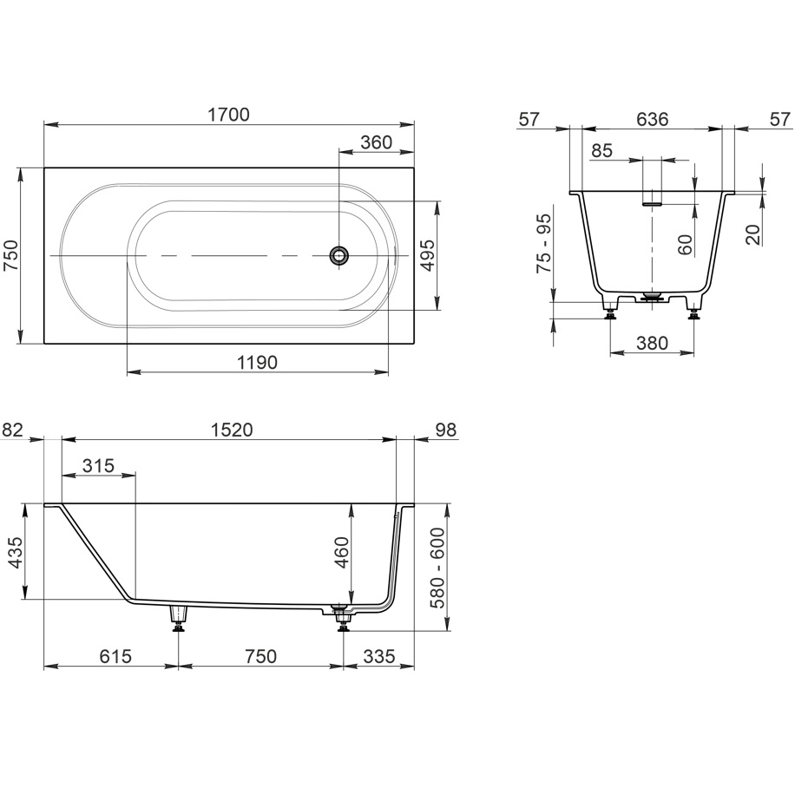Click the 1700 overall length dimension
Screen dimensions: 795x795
pyautogui.click(x=228, y=115)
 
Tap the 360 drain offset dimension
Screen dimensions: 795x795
pyautogui.click(x=376, y=142)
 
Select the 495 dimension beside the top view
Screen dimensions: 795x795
pyautogui.click(x=429, y=255)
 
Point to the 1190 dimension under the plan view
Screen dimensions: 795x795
pyautogui.click(x=258, y=363)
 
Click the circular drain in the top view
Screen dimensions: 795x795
pyautogui.click(x=338, y=255)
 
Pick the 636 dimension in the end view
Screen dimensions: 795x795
pyautogui.click(x=653, y=119)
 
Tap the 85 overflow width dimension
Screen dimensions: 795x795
pyautogui.click(x=601, y=151)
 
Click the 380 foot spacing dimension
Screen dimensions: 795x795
pyautogui.click(x=652, y=343)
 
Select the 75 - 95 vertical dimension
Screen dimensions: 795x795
pyautogui.click(x=544, y=243)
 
